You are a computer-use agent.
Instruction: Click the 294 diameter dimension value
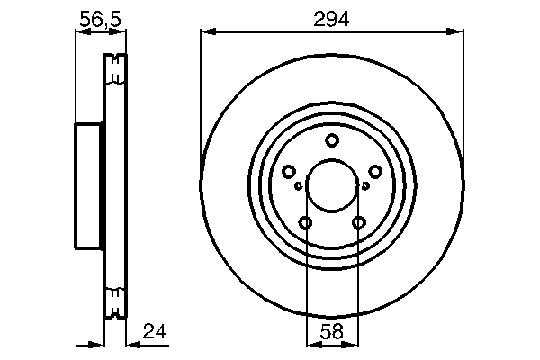pyautogui.click(x=333, y=17)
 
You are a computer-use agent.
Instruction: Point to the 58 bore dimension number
pyautogui.click(x=332, y=331)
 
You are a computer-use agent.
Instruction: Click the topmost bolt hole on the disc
pyautogui.click(x=332, y=140)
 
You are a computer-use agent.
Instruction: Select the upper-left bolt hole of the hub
pyautogui.click(x=289, y=172)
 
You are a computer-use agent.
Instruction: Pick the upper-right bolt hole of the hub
pyautogui.click(x=375, y=172)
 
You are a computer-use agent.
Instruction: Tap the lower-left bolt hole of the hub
pyautogui.click(x=306, y=223)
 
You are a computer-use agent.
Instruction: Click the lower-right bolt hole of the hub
pyautogui.click(x=359, y=223)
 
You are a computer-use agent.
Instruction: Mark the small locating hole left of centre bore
pyautogui.click(x=298, y=186)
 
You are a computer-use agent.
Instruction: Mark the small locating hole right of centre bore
pyautogui.click(x=366, y=186)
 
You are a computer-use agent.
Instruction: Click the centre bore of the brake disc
pyautogui.click(x=332, y=186)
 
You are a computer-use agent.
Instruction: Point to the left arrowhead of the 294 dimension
pyautogui.click(x=205, y=32)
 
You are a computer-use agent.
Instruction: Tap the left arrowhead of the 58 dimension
pyautogui.click(x=310, y=344)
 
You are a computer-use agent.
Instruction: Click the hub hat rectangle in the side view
pyautogui.click(x=88, y=186)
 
